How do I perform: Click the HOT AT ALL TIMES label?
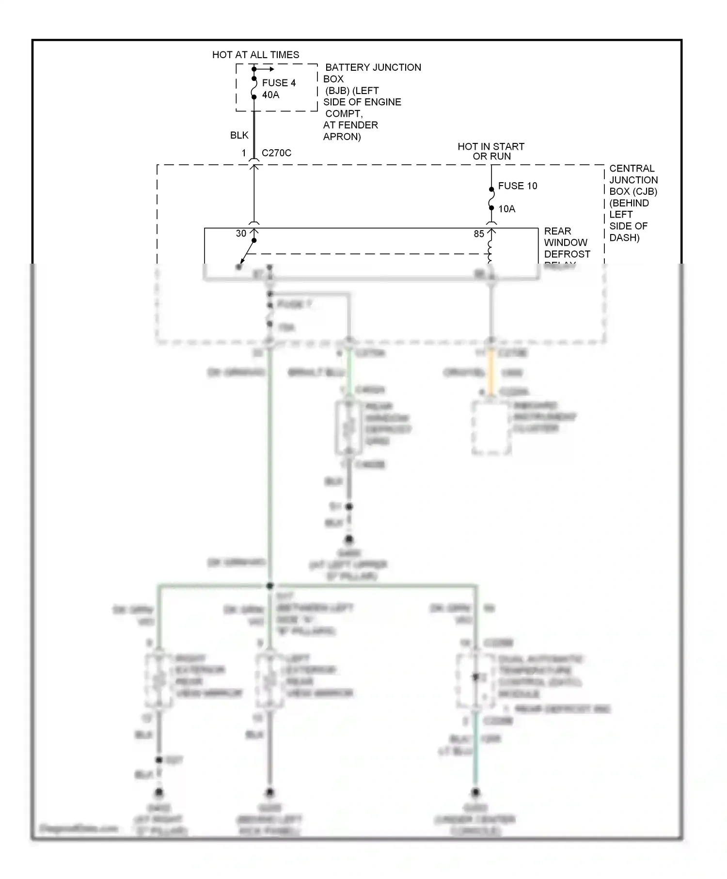[x=255, y=55]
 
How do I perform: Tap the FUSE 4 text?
[x=279, y=83]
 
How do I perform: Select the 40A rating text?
[x=270, y=95]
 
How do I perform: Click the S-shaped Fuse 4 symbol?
[x=254, y=88]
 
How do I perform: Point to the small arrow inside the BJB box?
[x=266, y=69]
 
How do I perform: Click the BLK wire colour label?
[x=239, y=135]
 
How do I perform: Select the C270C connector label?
[x=276, y=153]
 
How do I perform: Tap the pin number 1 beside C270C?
[x=244, y=153]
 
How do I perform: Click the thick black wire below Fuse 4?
[x=254, y=131]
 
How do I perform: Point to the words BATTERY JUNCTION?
[x=373, y=67]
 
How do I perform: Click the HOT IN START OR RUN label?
[x=491, y=151]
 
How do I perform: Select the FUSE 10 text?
[x=517, y=186]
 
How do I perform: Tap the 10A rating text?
[x=506, y=209]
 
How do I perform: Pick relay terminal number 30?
[x=241, y=234]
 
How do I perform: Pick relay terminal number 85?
[x=479, y=234]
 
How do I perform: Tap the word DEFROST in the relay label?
[x=567, y=254]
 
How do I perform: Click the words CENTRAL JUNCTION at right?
[x=632, y=174]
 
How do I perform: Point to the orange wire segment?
[x=491, y=372]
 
